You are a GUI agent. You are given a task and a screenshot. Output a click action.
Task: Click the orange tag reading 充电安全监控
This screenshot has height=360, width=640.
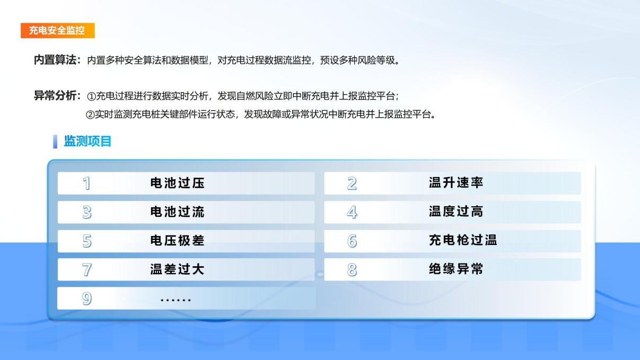(x=58, y=31)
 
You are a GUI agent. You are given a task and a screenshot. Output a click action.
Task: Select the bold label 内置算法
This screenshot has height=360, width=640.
(x=55, y=60)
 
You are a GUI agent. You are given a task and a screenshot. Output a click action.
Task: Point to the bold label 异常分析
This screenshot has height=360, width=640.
(x=55, y=95)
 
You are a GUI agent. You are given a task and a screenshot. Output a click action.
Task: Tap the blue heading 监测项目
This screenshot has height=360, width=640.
(x=87, y=141)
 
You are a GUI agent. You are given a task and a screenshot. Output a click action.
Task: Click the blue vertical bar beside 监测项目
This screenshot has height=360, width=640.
(x=55, y=142)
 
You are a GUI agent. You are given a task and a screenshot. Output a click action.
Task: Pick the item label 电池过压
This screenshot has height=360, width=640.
(x=178, y=183)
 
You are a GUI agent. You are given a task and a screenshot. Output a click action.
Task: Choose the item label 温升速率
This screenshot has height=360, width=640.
(x=456, y=183)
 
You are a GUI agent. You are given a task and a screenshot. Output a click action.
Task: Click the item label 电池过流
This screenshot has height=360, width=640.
(x=178, y=212)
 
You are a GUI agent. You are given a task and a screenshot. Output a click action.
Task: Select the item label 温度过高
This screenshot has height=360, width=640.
(x=456, y=212)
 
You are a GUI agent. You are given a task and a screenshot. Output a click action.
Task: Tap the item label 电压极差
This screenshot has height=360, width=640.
(x=178, y=241)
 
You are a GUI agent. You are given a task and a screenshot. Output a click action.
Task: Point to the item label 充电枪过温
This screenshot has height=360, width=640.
(x=463, y=240)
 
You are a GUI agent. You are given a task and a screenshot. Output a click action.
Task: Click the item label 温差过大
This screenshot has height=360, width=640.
(x=178, y=269)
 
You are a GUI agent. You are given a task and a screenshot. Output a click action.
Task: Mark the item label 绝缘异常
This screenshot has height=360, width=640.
(x=456, y=269)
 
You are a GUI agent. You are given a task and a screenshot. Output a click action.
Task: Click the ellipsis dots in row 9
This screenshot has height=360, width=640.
(x=176, y=300)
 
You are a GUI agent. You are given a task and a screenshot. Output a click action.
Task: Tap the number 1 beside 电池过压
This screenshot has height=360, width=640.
(x=87, y=183)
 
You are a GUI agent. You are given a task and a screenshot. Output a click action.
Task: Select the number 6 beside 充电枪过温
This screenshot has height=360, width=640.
(x=352, y=241)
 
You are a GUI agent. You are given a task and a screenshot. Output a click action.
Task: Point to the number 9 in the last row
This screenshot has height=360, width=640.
(x=87, y=299)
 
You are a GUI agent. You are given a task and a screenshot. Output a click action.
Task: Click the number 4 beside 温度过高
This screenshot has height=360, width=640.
(x=352, y=212)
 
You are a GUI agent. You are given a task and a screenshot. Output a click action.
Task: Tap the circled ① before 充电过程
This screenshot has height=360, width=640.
(x=91, y=96)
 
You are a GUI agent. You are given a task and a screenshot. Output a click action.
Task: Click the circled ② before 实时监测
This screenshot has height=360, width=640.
(x=90, y=115)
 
